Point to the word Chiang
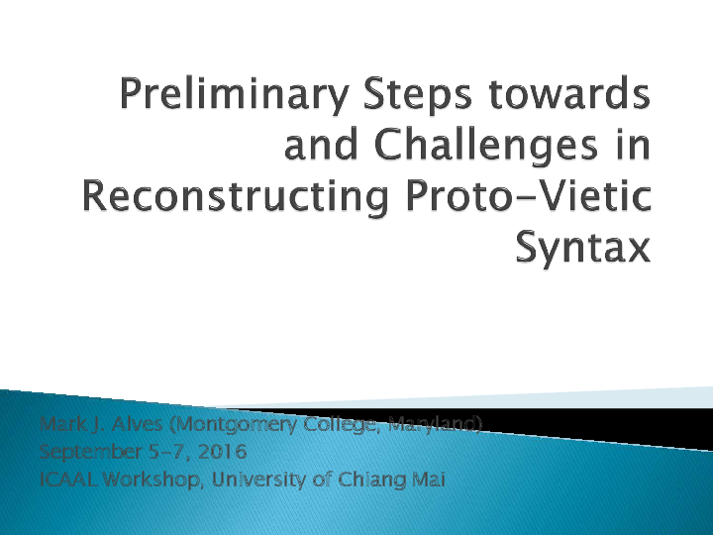tap(373, 481)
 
